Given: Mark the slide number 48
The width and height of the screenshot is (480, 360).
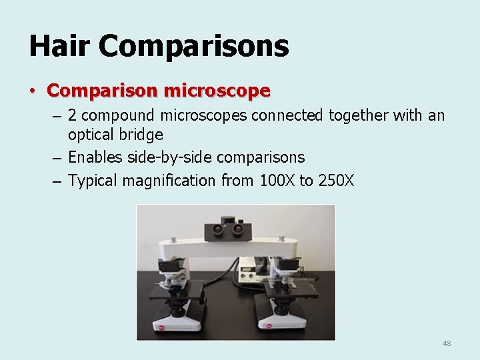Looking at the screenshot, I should pyautogui.click(x=447, y=343).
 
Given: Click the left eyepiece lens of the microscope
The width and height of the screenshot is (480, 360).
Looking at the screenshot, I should pyautogui.click(x=219, y=229).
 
